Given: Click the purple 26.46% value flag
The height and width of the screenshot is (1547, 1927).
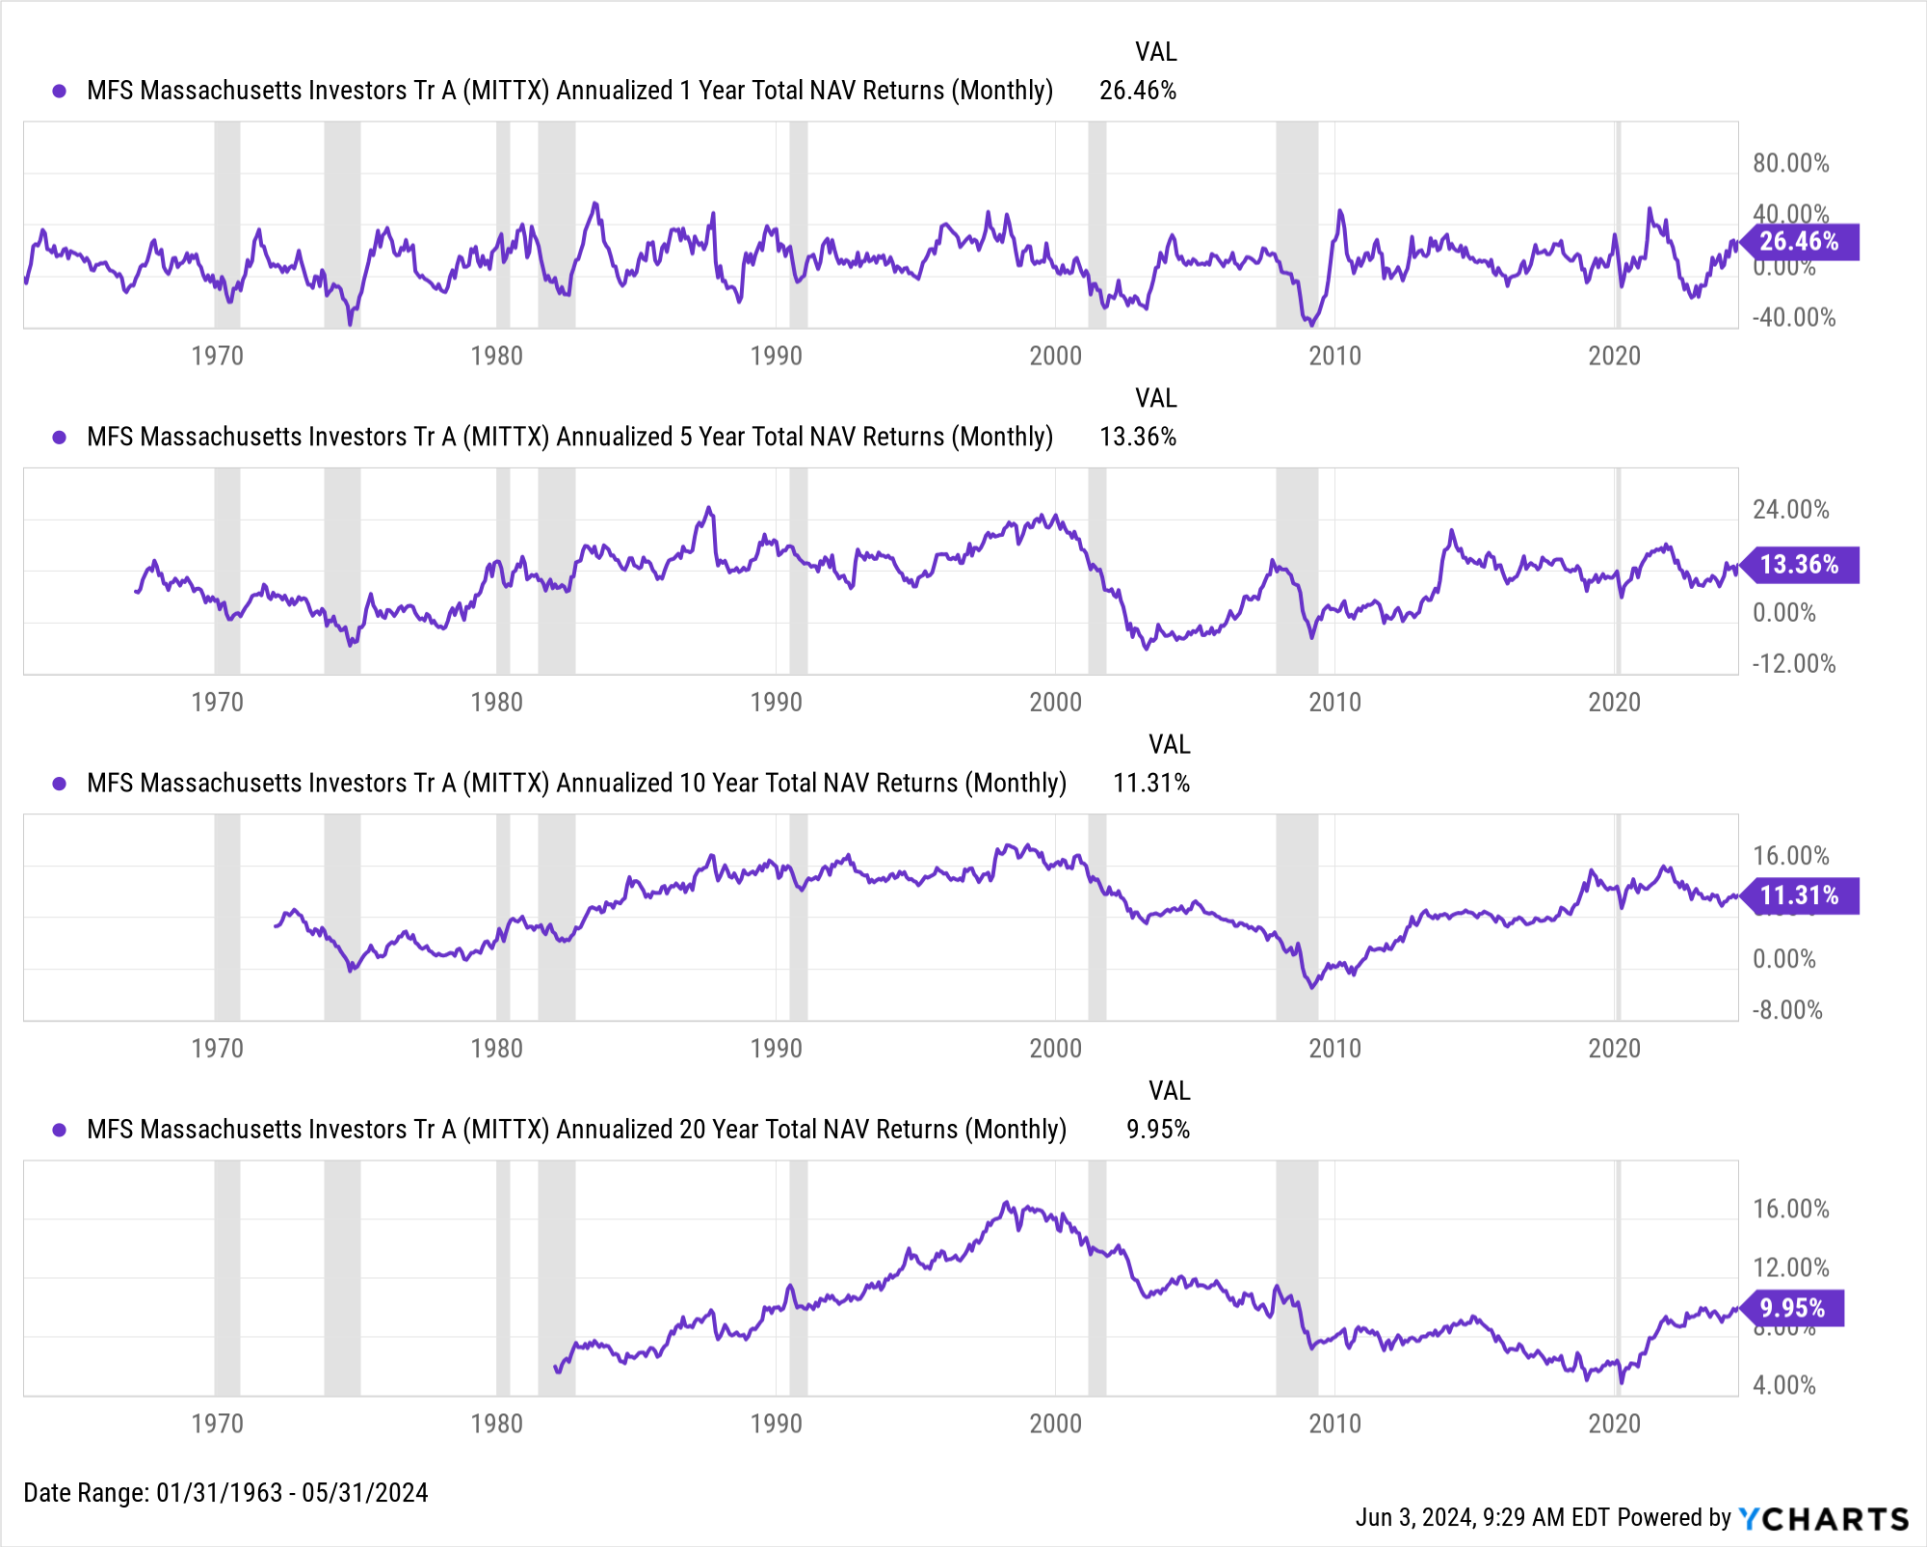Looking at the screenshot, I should coord(1800,242).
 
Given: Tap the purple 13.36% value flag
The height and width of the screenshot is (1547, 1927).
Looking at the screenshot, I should coord(1800,565).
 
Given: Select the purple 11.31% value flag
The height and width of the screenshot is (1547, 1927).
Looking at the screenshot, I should coord(1800,895).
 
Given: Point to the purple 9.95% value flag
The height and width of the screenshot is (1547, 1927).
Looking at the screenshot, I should coord(1793,1308).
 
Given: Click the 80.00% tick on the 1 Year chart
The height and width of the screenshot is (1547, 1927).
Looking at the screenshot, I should coord(1790,163).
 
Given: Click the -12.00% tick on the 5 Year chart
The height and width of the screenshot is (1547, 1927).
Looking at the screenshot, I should coord(1793,663).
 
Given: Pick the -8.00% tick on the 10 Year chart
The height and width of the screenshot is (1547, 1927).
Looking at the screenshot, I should coord(1786,1009).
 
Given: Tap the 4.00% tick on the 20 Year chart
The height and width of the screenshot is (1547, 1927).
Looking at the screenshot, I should coord(1783,1385).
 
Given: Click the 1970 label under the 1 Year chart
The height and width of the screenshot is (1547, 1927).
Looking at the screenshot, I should coord(217,356).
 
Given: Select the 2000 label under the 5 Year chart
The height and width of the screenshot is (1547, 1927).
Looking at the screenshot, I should coord(1055,702).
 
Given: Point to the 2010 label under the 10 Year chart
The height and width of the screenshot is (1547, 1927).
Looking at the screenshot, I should coord(1334,1048).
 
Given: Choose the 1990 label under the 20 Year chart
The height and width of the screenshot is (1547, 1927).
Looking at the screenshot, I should coord(776,1423).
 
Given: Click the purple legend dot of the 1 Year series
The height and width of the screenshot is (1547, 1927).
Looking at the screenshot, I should coord(60,91).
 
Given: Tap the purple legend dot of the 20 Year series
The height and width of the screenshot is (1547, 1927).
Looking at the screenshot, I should coord(60,1130).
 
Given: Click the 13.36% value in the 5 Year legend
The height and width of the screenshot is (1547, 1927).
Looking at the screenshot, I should coord(1138,437).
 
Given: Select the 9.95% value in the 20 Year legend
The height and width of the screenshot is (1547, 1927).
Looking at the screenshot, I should coord(1158,1130).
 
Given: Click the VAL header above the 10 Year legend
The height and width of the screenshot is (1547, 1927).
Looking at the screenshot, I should coord(1169,744).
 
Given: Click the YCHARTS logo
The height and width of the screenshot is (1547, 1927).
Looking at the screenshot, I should coord(1824,1519).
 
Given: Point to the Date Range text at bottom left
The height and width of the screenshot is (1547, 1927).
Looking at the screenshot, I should coord(225,1492).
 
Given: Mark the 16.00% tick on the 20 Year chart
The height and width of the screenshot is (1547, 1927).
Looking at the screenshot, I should coord(1790,1209).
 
